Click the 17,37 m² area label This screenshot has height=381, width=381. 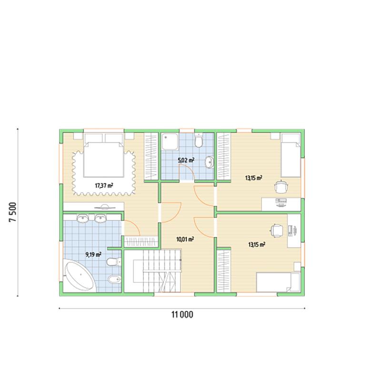coord(104,186)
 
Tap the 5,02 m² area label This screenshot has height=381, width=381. coord(186,160)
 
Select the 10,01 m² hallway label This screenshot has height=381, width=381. coord(185,240)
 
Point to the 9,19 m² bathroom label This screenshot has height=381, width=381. coord(93,255)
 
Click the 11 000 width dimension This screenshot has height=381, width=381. coord(182,315)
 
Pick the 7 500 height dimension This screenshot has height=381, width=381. coord(13,212)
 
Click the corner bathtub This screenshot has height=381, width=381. coord(79,275)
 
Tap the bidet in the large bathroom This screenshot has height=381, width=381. coord(114,280)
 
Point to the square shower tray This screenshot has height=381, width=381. coord(170,142)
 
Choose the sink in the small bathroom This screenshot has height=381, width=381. coord(210,162)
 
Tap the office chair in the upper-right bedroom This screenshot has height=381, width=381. coord(281,187)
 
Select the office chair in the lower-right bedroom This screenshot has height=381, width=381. coord(277,230)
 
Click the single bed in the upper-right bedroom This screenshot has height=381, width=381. coord(291,155)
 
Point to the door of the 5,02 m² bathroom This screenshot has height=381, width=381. coord(187,172)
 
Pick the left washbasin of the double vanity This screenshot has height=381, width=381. coord(82,219)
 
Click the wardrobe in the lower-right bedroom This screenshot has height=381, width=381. coord(223,271)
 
